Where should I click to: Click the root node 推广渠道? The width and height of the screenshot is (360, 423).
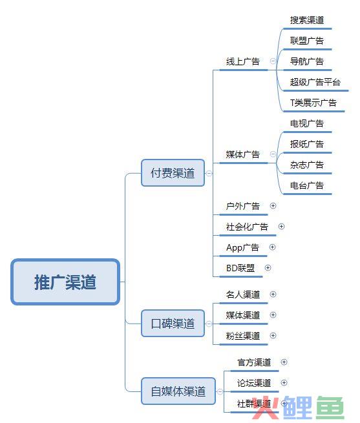point(65,282)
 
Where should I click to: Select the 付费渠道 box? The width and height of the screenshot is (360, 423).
point(173,173)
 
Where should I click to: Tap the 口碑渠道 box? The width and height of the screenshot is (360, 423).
point(173,324)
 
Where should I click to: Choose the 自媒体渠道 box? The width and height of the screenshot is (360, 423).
point(178,391)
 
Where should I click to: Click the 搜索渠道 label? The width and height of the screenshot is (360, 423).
point(307,20)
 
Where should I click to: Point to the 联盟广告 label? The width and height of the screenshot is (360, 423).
point(307,41)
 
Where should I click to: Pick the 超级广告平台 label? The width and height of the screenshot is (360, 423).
point(315,82)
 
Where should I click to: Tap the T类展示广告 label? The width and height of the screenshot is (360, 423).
point(313,103)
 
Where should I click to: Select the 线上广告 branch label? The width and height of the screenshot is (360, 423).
point(243,61)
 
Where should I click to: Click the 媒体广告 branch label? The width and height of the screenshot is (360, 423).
point(243,154)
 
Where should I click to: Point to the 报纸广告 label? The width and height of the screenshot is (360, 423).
point(307,144)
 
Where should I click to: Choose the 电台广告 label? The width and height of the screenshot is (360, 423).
point(307,185)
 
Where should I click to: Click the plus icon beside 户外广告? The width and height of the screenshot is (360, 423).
point(273,206)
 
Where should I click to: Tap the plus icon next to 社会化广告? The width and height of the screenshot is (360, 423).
point(281,226)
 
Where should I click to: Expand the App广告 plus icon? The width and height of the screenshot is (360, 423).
point(273,247)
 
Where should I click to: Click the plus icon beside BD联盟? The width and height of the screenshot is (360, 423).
point(268,268)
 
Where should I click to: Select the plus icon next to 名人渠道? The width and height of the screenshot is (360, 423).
point(273,294)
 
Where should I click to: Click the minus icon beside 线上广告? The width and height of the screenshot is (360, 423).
point(273,61)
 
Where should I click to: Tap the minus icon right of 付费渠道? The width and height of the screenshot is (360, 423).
point(209,173)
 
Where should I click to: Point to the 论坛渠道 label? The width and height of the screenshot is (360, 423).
point(254,383)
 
